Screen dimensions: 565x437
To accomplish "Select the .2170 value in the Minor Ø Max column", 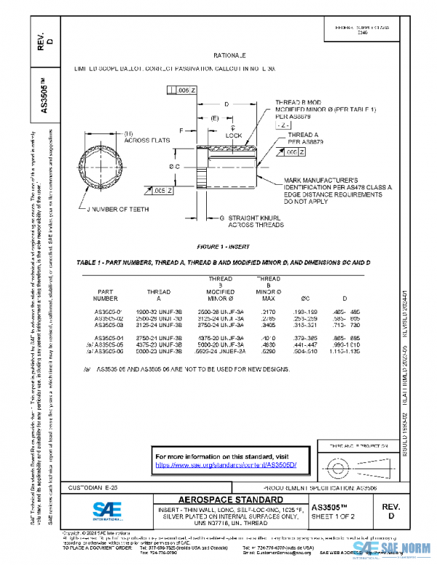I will point(269,311).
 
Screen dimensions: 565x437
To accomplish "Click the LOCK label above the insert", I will point(234,135).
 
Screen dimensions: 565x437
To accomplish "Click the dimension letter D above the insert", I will point(227,105).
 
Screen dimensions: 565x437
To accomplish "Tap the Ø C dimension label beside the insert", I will point(176,167).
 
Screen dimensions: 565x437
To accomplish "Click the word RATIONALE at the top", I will point(229,55).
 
